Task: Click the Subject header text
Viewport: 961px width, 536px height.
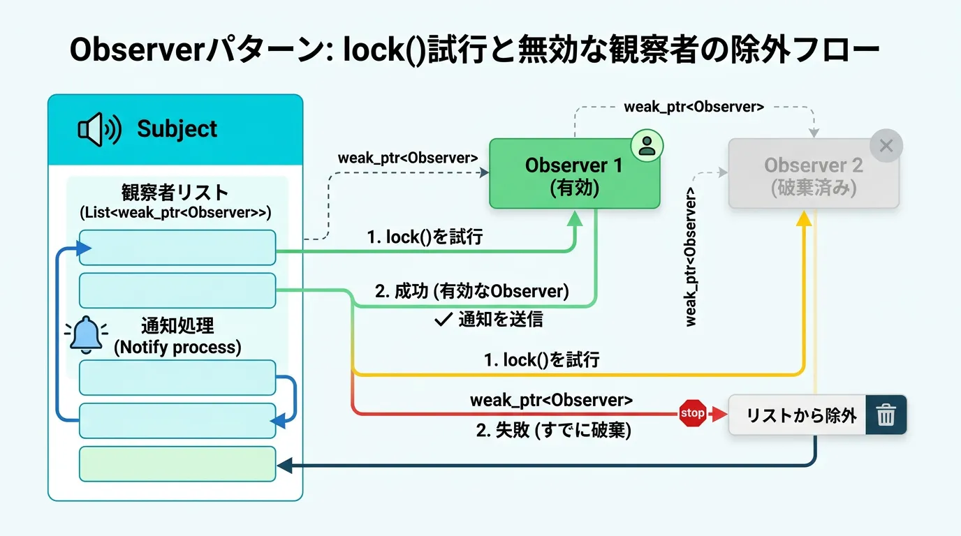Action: (x=177, y=129)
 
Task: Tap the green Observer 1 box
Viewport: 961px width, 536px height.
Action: (x=574, y=174)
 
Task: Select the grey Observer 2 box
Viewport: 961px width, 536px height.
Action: (x=813, y=174)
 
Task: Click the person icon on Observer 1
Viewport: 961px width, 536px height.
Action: (x=647, y=146)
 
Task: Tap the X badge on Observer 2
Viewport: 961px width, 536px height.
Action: (x=886, y=146)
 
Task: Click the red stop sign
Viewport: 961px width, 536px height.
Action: (x=692, y=413)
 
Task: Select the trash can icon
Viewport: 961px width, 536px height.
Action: (x=886, y=415)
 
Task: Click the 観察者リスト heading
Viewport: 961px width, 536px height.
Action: (x=175, y=193)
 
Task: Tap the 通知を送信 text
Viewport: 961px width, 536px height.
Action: (x=500, y=320)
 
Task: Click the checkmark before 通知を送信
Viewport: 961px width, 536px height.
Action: (x=443, y=320)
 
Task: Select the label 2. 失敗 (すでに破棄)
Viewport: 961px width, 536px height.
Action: (x=553, y=431)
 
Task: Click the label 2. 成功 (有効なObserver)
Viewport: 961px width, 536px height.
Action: (x=471, y=292)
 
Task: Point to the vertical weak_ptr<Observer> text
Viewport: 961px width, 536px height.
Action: (x=691, y=256)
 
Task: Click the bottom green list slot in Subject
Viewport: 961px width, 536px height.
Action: (x=177, y=464)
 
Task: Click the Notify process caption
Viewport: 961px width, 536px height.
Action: (x=177, y=347)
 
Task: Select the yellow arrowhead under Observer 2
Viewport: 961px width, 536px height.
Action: (x=805, y=218)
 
